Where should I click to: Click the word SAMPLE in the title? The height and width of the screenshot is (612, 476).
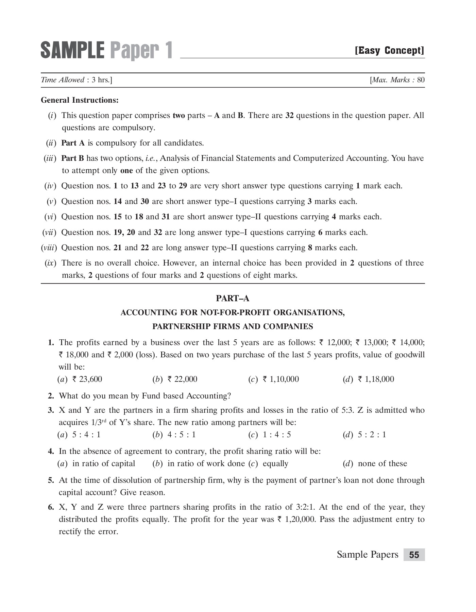72,50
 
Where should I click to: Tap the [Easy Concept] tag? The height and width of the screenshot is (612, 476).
389,51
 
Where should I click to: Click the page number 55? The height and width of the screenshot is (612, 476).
414,555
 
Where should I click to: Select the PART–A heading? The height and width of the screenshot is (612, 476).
233,299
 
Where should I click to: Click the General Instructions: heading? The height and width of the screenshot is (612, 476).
80,100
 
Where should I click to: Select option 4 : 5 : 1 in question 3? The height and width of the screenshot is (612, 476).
182,435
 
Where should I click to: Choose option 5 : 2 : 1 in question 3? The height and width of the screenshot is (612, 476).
372,435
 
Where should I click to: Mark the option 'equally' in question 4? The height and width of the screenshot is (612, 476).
275,463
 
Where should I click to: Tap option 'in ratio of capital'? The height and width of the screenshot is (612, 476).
104,463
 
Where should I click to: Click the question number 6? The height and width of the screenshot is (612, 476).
51,507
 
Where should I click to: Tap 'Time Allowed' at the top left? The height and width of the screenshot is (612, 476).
63,80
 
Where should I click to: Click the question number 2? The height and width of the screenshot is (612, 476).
51,396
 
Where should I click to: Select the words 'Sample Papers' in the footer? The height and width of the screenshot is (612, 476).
367,555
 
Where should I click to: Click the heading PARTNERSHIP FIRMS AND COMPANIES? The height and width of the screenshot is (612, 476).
233,326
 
